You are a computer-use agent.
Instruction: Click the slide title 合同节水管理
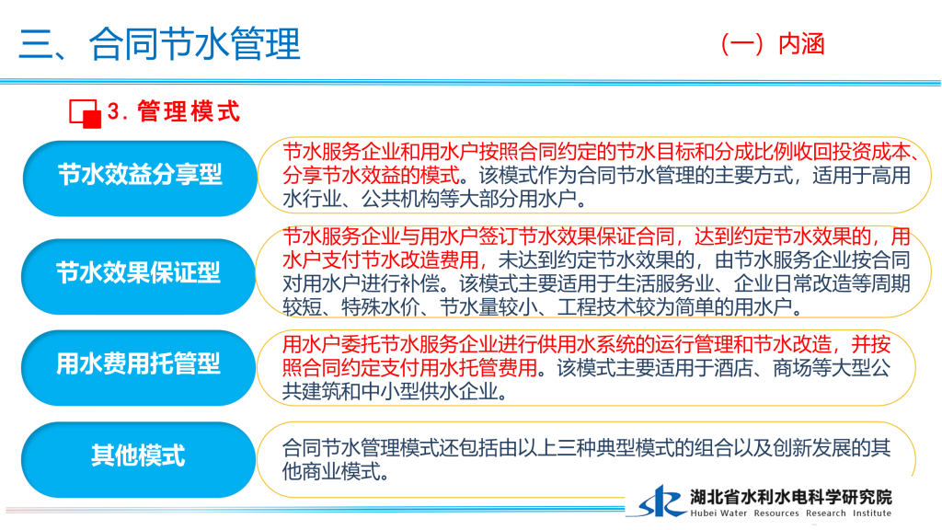pos(195,44)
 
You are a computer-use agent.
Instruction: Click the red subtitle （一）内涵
pos(772,44)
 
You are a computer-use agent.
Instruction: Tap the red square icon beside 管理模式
pos(85,113)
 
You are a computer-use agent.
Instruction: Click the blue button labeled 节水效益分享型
pos(140,178)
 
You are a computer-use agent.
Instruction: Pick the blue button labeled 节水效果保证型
pos(139,276)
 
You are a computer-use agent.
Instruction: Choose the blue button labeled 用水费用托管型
pos(139,367)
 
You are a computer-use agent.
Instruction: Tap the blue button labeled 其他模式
pos(139,459)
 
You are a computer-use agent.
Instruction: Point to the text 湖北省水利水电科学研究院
pos(790,497)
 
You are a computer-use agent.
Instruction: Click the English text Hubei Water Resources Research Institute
pos(790,513)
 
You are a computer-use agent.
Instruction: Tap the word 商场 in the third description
pos(792,368)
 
